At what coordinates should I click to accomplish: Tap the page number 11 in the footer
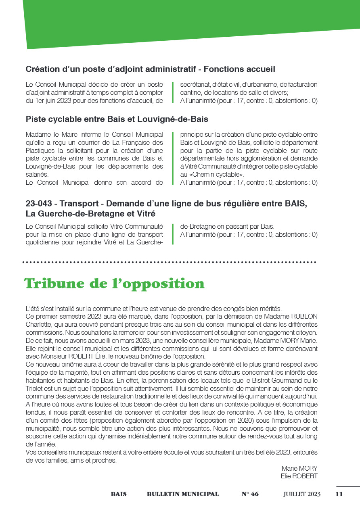tap(339, 494)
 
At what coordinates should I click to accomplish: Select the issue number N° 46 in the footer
tap(250, 494)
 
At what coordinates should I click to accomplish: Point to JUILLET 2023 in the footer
tap(302, 494)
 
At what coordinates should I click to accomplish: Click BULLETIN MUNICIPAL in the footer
tap(183, 494)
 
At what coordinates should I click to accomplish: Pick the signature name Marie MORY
tap(299, 468)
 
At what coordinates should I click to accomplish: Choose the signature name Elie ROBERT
tap(299, 476)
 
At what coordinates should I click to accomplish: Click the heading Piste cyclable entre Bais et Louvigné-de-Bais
tap(117, 119)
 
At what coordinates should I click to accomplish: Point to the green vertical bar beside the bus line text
tap(173, 234)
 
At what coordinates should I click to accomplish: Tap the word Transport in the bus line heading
tap(82, 204)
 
